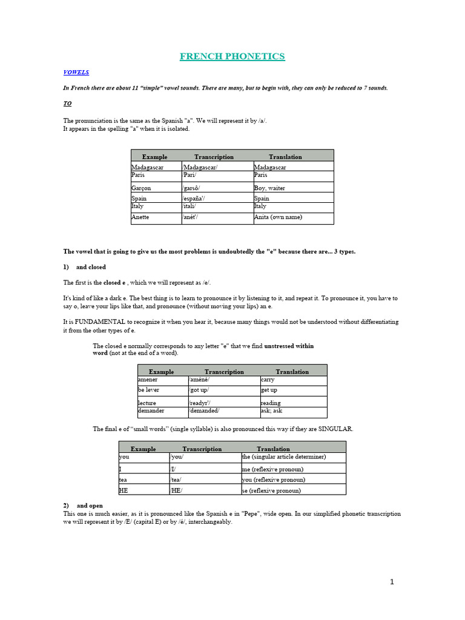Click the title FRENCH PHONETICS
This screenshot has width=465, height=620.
pos(232,56)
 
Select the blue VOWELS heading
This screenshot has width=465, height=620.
pos(76,72)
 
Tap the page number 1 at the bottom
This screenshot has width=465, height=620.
pos(392,582)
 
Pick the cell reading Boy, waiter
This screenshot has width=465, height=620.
pos(269,188)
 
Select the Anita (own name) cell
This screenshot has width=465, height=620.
pos(278,217)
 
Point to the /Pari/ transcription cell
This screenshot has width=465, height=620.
pos(194,174)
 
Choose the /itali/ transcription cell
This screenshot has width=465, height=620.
pos(194,206)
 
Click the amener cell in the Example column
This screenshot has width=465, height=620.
pos(148,380)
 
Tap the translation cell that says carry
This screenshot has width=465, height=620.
pos(268,380)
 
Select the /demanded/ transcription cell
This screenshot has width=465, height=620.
pos(207,410)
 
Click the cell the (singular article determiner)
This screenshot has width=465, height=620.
pos(283,457)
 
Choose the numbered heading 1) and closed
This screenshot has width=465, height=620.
pos(84,267)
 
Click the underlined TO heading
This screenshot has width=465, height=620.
pos(67,104)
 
